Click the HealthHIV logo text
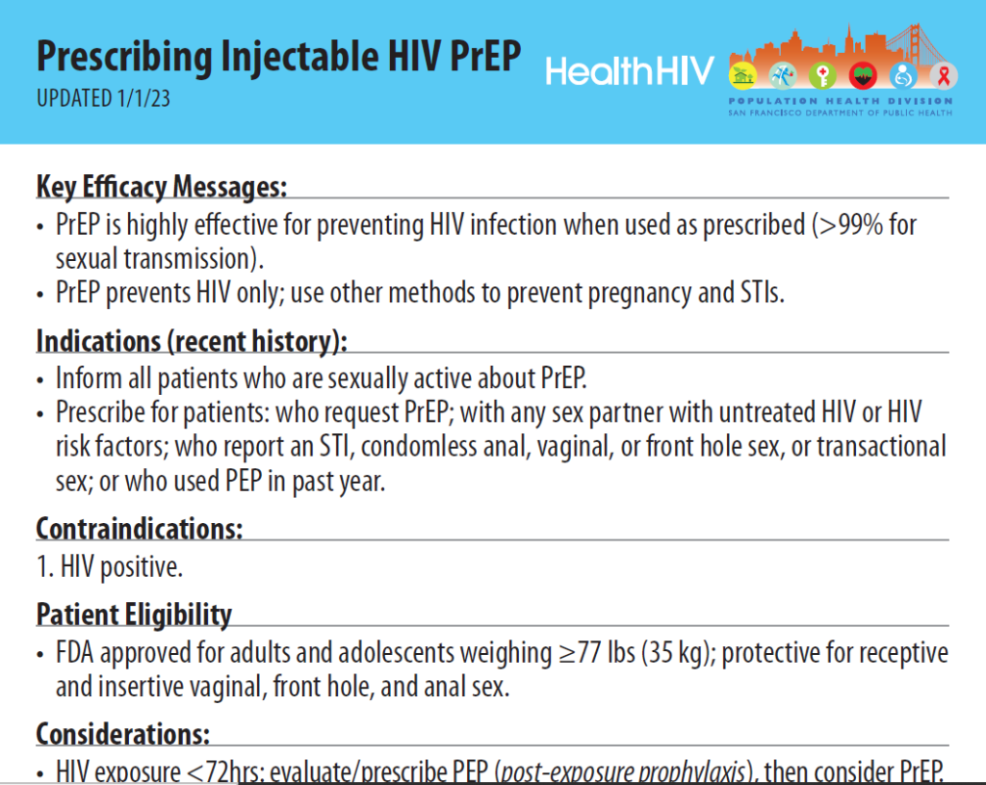click(x=630, y=70)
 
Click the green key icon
click(x=820, y=76)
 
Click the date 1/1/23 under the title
click(x=143, y=98)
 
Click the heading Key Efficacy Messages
click(x=162, y=186)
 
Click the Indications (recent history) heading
click(x=192, y=342)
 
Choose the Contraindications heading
click(x=140, y=529)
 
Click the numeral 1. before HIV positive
click(x=43, y=567)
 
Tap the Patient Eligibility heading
click(x=134, y=615)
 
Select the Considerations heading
click(x=123, y=734)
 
